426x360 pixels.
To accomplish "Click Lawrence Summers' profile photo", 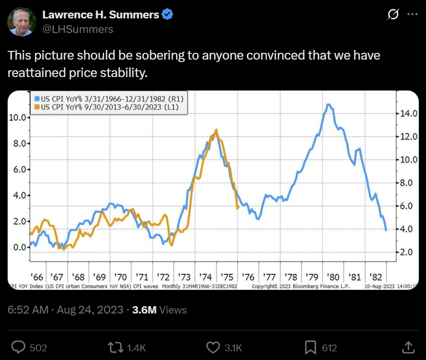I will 21,22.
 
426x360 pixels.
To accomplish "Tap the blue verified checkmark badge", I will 168,15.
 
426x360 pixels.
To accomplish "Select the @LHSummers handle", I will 78,30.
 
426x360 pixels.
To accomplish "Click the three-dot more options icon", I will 412,15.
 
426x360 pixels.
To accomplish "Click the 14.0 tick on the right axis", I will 407,114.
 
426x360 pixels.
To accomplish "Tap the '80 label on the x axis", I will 333,278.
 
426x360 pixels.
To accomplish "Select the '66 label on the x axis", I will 37,278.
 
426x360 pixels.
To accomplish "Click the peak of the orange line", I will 216,130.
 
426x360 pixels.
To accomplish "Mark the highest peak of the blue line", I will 329,104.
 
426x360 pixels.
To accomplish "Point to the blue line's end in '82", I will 386,230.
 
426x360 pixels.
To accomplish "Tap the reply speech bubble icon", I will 18,347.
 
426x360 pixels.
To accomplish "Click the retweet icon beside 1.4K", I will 115,347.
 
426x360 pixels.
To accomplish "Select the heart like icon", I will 213,347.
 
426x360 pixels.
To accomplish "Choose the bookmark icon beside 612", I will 311,347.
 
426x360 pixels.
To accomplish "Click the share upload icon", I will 408,347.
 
